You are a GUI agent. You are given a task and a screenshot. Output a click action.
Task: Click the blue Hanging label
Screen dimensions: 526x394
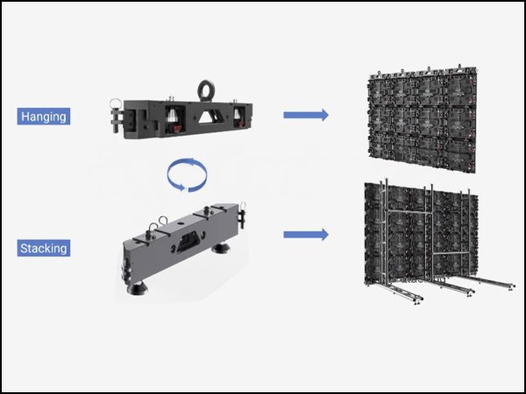point(44,116)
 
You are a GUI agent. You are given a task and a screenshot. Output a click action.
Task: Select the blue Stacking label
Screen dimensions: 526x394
point(44,249)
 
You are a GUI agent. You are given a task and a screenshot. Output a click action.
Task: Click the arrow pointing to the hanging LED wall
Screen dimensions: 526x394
point(306,115)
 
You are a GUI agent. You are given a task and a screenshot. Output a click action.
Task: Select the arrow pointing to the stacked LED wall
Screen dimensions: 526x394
point(306,235)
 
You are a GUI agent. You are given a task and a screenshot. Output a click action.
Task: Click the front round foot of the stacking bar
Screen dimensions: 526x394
point(137,288)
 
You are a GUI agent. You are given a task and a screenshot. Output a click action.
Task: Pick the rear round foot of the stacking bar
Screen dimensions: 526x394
point(221,249)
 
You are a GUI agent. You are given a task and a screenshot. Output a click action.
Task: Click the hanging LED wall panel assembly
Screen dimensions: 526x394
point(423,119)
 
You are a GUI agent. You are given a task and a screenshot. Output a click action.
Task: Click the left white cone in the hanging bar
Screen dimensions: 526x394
point(174,116)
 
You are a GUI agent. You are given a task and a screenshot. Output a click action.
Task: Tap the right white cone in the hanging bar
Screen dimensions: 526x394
point(237,113)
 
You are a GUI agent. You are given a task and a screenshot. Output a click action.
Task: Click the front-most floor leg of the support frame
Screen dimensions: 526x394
point(402,292)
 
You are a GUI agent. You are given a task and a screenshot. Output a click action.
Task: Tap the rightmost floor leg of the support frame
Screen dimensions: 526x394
point(493,282)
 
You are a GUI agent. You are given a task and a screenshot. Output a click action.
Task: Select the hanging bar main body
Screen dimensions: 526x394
point(188,119)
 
